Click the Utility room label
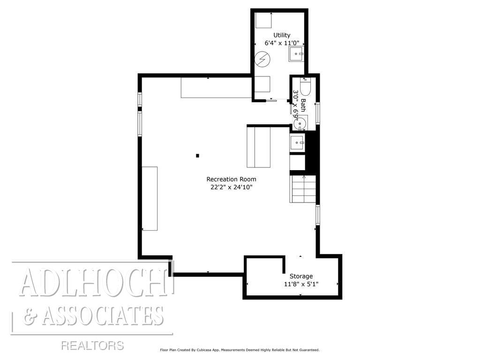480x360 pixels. click(x=282, y=35)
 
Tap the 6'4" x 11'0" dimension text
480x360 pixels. click(x=282, y=43)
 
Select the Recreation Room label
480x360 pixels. click(x=232, y=179)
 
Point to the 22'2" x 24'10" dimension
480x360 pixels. click(x=232, y=187)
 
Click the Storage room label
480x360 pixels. click(x=301, y=276)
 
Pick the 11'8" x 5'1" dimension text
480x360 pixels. click(x=301, y=284)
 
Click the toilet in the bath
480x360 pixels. click(x=306, y=88)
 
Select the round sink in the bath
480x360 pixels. click(x=300, y=123)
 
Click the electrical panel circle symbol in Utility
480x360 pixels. click(x=262, y=60)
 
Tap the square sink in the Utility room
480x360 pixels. click(x=296, y=54)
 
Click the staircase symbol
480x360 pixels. click(x=303, y=188)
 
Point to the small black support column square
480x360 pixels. click(x=198, y=156)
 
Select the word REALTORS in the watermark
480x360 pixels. click(x=92, y=346)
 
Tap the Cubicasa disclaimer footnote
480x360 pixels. click(x=240, y=350)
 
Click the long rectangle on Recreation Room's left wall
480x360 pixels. click(x=150, y=198)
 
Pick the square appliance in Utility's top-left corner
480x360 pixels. click(x=264, y=21)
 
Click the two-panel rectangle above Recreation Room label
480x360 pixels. click(x=259, y=146)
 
